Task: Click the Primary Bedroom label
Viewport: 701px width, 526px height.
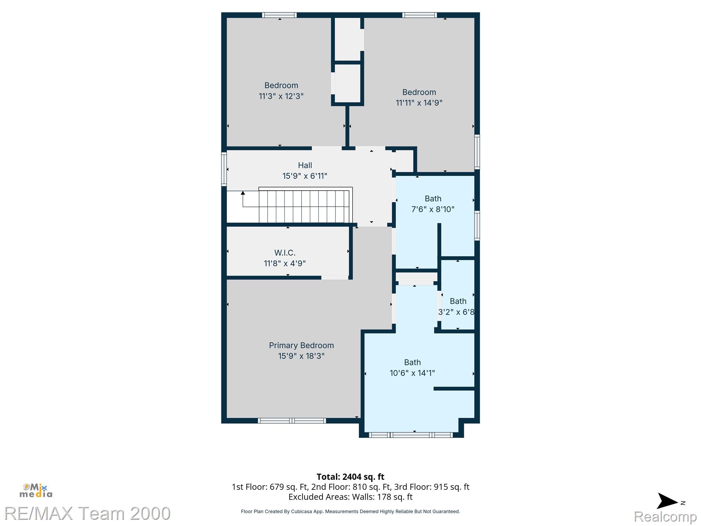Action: click(x=301, y=345)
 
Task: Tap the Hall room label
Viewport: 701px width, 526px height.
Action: click(x=305, y=165)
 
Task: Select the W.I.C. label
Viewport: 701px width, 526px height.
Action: click(x=285, y=253)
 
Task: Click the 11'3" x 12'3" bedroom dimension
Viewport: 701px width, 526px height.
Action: click(x=281, y=96)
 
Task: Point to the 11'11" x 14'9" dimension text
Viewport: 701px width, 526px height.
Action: click(x=419, y=103)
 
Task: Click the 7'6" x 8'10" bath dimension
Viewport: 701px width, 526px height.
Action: click(x=433, y=209)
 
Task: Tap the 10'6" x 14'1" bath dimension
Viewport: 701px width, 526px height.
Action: click(x=412, y=373)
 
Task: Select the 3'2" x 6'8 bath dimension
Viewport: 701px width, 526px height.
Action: click(x=456, y=312)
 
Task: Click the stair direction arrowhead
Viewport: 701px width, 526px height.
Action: click(x=243, y=193)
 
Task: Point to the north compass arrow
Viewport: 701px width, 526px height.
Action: click(x=667, y=501)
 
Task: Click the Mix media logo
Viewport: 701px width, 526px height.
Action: click(x=36, y=490)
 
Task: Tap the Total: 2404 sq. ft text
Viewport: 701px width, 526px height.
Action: click(x=350, y=477)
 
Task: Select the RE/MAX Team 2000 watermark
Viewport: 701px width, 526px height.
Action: click(x=88, y=513)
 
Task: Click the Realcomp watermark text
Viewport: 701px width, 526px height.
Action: click(x=665, y=516)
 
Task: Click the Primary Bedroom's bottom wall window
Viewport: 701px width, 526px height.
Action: click(x=292, y=421)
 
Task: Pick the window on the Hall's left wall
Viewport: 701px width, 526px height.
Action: click(x=224, y=169)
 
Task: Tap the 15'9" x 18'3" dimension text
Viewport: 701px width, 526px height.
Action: click(x=301, y=356)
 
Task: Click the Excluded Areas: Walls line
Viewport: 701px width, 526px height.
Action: click(x=350, y=497)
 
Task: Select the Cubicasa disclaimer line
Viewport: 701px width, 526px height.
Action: click(x=350, y=512)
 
